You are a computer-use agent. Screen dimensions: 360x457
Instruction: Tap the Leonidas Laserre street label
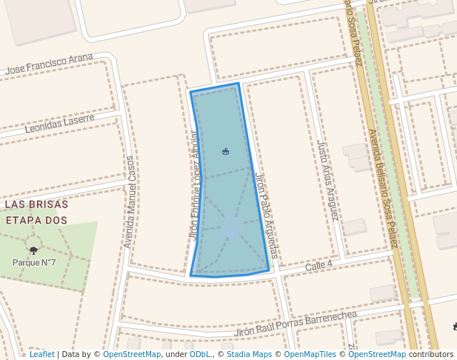tap(59, 124)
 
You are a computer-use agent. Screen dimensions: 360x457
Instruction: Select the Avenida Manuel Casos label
tap(130, 201)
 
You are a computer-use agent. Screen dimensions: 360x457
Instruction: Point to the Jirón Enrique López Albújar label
tap(195, 185)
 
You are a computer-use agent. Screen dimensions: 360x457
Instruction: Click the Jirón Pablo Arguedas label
tap(266, 216)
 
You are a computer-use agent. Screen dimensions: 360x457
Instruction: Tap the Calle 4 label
tap(319, 264)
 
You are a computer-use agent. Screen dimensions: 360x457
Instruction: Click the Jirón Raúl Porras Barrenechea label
tap(296, 324)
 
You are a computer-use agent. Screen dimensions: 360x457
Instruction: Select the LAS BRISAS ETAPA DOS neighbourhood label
tap(36, 212)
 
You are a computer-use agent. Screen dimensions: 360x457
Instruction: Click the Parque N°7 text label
tap(34, 262)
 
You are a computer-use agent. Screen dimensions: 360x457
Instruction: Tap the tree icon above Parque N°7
tap(33, 250)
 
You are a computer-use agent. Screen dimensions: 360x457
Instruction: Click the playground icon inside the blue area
tap(225, 152)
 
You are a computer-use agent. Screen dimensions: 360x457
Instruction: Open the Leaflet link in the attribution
tap(41, 354)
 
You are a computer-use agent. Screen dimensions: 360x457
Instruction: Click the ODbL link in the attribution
tap(200, 354)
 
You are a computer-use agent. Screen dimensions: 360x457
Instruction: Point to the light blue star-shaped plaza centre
tap(233, 227)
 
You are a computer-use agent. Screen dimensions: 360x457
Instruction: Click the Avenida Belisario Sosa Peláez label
tap(384, 185)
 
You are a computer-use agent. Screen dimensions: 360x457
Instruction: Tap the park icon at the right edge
tap(454, 326)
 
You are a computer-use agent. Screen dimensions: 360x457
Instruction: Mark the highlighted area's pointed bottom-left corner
tap(191, 276)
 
